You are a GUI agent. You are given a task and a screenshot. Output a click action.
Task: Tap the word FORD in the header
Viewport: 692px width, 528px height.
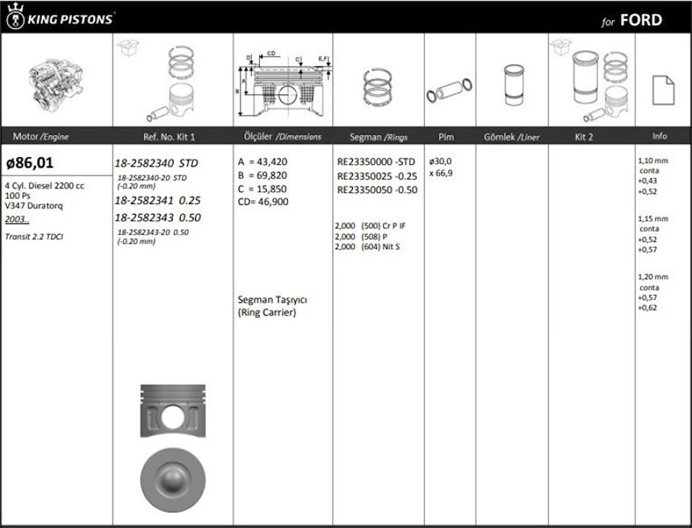pyautogui.click(x=640, y=21)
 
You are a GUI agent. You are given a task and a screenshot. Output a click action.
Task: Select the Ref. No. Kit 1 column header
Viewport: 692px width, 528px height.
pyautogui.click(x=169, y=137)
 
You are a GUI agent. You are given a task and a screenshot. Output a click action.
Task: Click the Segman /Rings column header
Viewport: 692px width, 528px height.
pyautogui.click(x=378, y=137)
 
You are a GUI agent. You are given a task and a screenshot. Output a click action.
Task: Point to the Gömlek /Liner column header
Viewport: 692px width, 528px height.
pyautogui.click(x=511, y=137)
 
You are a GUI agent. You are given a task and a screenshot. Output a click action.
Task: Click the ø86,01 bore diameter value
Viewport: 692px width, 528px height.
pyautogui.click(x=30, y=163)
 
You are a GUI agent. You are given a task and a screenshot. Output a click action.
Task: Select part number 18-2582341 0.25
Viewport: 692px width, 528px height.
pyautogui.click(x=157, y=200)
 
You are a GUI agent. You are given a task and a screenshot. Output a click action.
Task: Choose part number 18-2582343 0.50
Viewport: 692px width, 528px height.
pyautogui.click(x=157, y=218)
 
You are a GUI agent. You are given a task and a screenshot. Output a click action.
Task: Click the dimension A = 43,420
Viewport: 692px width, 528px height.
pyautogui.click(x=263, y=162)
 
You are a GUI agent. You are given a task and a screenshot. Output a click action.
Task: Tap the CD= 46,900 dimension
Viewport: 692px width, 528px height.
pyautogui.click(x=263, y=201)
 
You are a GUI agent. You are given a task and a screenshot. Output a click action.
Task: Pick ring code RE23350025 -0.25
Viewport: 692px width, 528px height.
pyautogui.click(x=377, y=176)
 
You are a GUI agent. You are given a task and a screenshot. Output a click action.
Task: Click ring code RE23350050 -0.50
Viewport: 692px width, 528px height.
pyautogui.click(x=377, y=189)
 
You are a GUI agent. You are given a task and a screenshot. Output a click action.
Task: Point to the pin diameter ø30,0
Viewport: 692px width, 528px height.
pyautogui.click(x=440, y=161)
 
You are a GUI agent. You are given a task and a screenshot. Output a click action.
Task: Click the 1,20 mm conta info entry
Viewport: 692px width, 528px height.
pyautogui.click(x=653, y=277)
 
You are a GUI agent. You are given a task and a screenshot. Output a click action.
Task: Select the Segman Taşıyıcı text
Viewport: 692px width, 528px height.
pyautogui.click(x=272, y=300)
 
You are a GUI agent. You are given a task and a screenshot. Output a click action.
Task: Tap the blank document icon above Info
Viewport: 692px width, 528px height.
pyautogui.click(x=663, y=90)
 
